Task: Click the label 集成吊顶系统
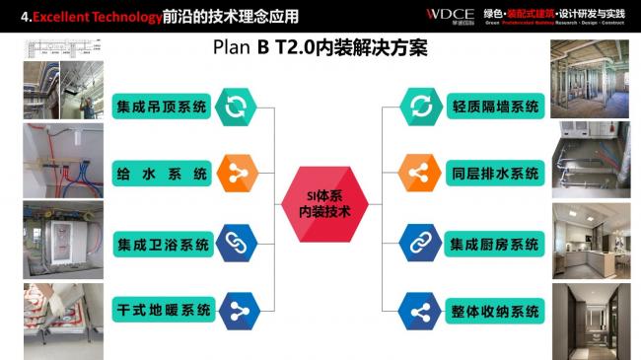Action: coord(163,106)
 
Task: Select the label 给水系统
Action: coord(163,175)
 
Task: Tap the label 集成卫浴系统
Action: coord(163,243)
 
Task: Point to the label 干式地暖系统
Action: coord(163,311)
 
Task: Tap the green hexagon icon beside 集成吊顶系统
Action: coord(237,106)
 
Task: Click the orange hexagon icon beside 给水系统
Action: coord(237,175)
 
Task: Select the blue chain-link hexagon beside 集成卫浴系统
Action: coord(237,243)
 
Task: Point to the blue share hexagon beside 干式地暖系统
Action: coord(237,311)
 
